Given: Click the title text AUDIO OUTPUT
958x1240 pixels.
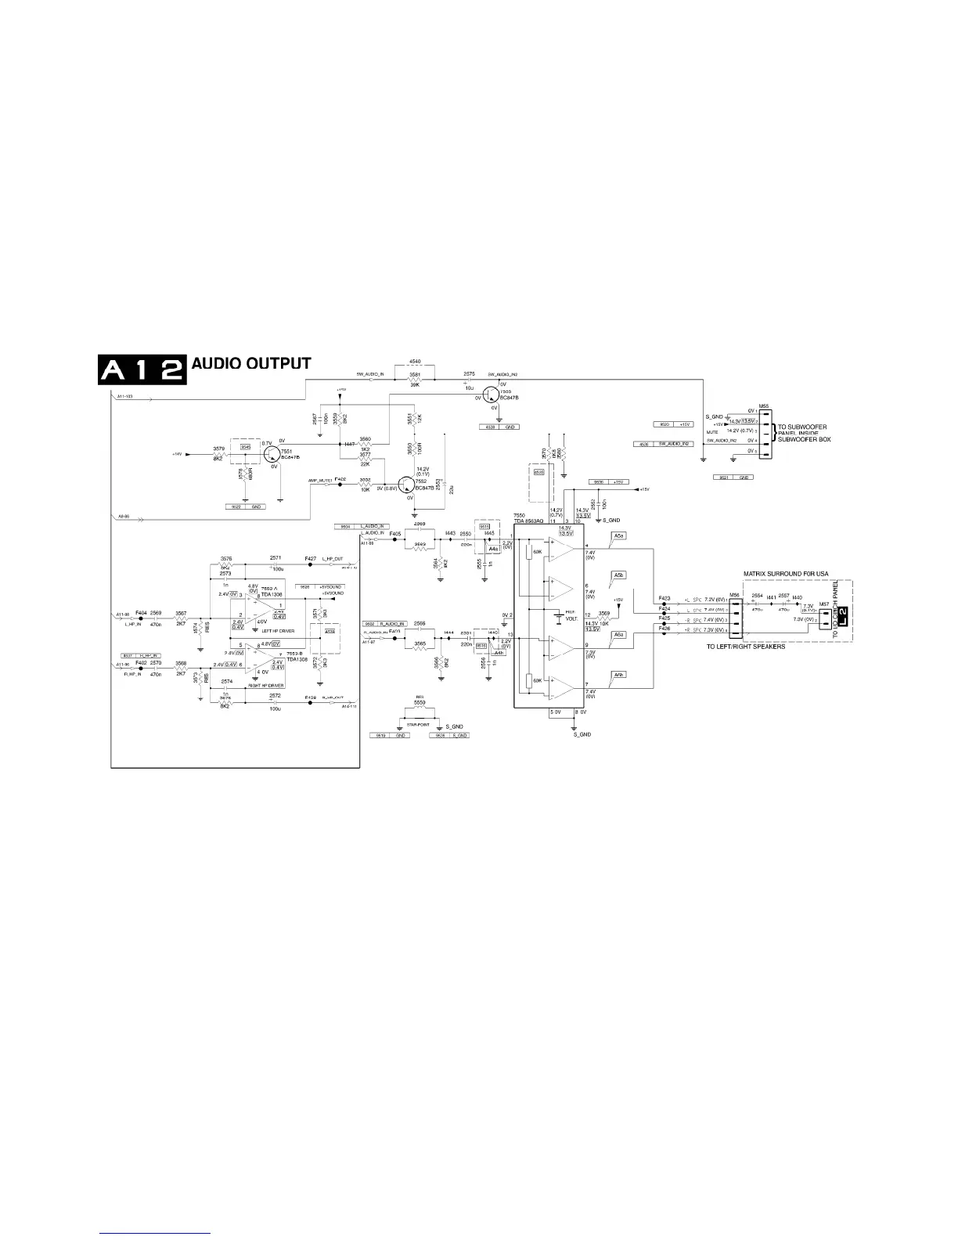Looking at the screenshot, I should (251, 364).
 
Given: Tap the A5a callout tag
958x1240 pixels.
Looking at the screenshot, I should (619, 535).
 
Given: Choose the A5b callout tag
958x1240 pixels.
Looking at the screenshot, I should (619, 575).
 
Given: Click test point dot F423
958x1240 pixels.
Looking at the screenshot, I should (664, 604).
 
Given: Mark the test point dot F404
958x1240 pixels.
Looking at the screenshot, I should (141, 618).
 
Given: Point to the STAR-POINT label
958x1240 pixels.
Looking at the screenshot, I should (418, 725).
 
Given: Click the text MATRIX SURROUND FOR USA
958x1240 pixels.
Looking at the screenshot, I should (785, 574).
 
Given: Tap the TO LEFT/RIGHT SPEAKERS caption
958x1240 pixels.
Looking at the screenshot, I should (745, 647).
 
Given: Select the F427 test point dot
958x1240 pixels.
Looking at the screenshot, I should (311, 564).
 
